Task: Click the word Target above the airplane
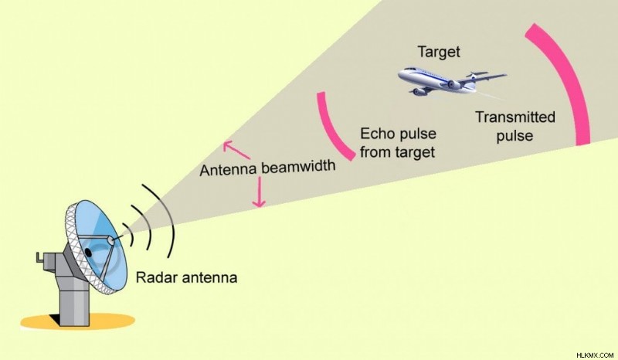439,52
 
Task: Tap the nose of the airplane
399,74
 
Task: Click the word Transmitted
514,117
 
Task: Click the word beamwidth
298,166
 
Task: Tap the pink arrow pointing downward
259,192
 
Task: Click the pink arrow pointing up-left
236,149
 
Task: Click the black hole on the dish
88,253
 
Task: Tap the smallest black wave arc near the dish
130,233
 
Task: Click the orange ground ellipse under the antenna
78,321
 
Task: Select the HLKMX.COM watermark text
594,355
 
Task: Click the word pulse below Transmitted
514,136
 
